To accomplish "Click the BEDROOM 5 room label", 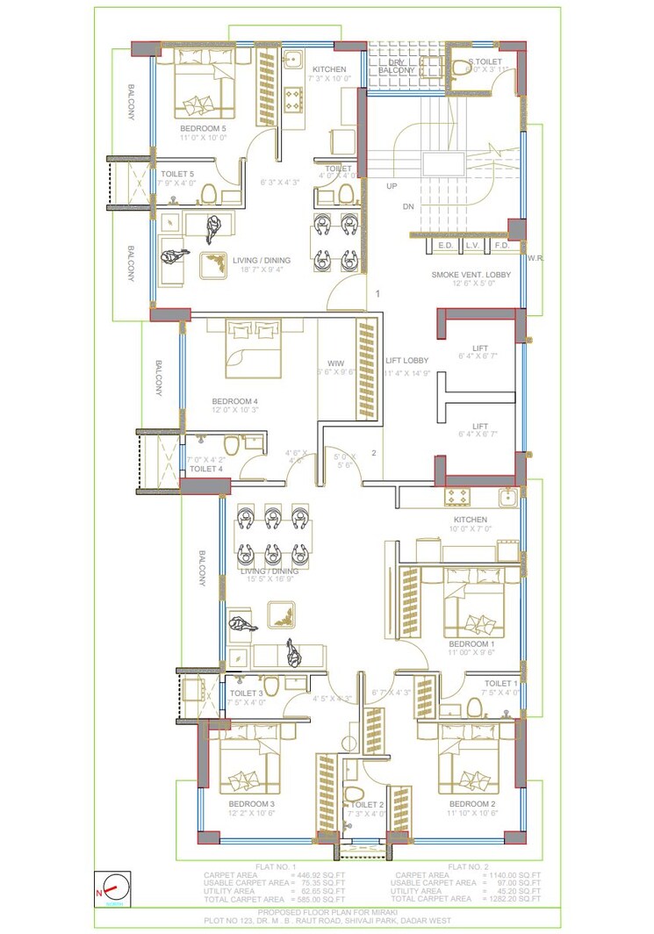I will pos(204,128).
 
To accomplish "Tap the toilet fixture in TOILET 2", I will pos(357,794).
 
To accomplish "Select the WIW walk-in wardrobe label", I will pos(335,363).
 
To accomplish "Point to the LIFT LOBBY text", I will pos(407,361).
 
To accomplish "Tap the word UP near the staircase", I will pos(392,186).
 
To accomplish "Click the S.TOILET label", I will pos(485,62).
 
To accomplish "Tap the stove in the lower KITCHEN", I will pos(456,497).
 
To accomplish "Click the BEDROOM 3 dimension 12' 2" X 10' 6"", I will pos(252,813).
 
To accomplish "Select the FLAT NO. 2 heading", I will pos(469,866).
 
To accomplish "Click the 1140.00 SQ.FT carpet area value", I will pos(512,875).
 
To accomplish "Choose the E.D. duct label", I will pos(445,247).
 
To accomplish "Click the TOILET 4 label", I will pos(207,470).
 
